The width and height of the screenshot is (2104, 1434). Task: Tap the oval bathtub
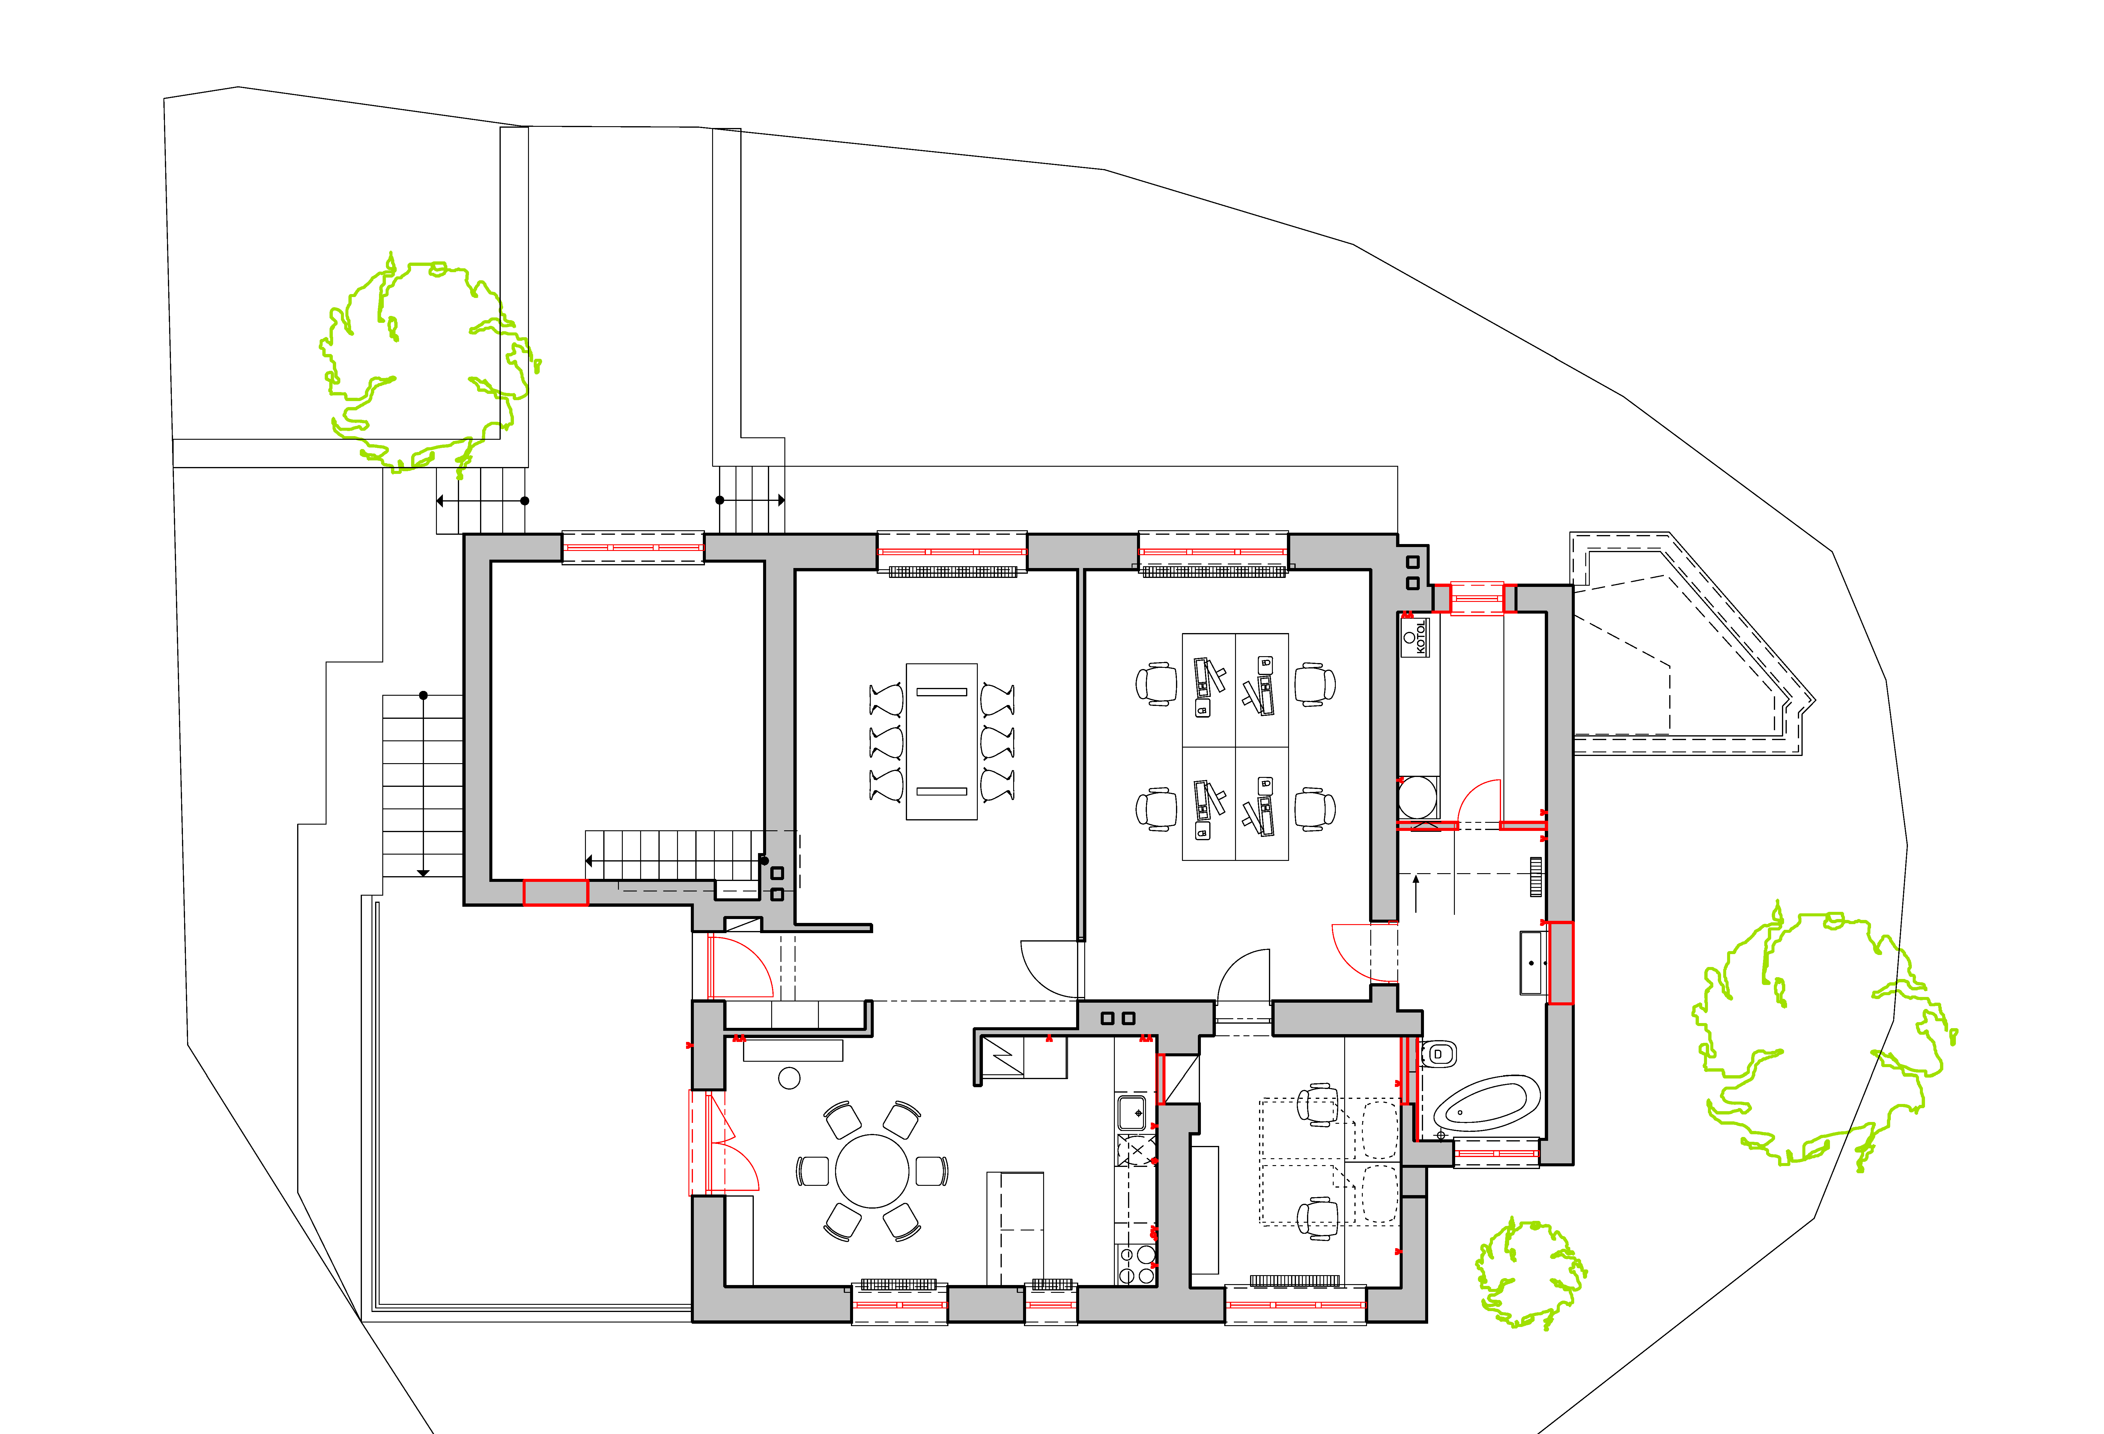1486,1104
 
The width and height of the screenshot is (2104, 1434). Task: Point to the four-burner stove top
1136,1265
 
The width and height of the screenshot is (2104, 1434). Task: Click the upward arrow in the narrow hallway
1416,893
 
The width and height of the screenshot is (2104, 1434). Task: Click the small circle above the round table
789,1078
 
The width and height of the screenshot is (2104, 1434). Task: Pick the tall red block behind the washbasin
1560,962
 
